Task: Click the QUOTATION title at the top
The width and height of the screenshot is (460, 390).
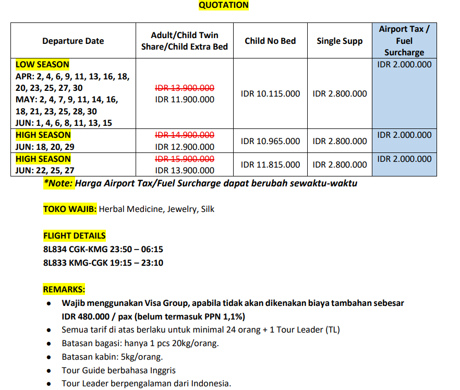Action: [x=224, y=5]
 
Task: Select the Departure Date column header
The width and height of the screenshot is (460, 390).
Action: [x=73, y=41]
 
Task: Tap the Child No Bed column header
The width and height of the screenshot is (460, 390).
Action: [x=270, y=41]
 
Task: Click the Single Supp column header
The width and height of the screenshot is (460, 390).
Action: [x=340, y=41]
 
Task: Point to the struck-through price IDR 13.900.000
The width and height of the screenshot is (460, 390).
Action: [x=185, y=88]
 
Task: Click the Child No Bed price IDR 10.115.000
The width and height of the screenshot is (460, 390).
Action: [x=270, y=94]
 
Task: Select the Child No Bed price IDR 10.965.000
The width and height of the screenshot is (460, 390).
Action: [x=270, y=141]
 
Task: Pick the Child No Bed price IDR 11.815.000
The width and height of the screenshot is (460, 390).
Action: [x=270, y=164]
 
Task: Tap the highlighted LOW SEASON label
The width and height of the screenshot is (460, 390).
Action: [x=42, y=65]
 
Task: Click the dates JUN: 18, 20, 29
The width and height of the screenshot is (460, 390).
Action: [x=45, y=147]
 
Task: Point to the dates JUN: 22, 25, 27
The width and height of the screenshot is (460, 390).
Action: [x=45, y=170]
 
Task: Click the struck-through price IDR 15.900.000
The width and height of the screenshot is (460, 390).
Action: [x=185, y=159]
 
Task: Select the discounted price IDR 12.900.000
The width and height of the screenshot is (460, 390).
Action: [x=185, y=147]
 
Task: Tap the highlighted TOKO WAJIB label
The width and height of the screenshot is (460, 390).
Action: [x=70, y=209]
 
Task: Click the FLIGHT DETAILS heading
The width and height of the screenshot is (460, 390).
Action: [x=74, y=235]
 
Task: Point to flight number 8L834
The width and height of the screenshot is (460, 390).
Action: [x=55, y=250]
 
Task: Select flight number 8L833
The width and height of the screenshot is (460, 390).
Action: [x=55, y=263]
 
